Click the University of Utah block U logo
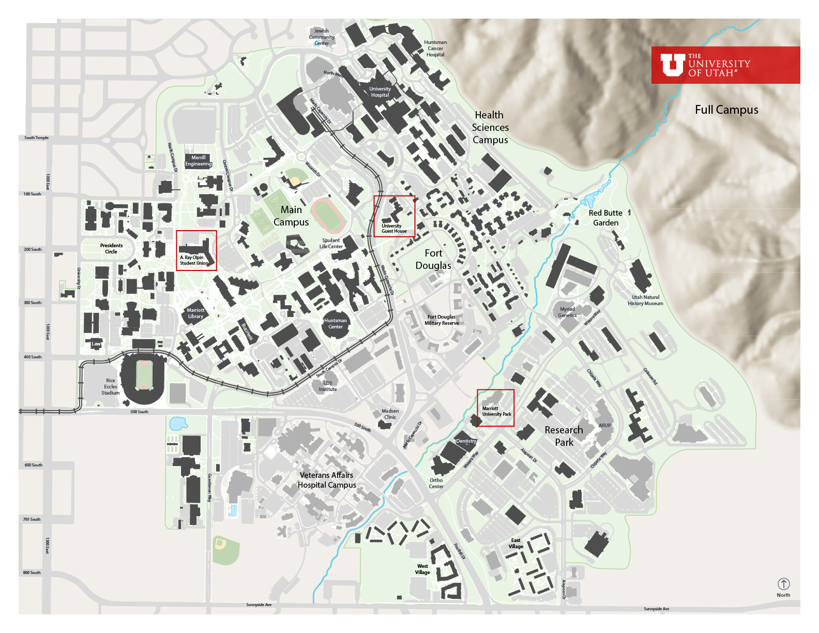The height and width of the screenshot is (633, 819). (x=672, y=65)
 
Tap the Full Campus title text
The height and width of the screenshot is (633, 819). (x=726, y=110)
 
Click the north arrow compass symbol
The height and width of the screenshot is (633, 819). (x=783, y=584)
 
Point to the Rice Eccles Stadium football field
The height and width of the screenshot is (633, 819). (x=144, y=374)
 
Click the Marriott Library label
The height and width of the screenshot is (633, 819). (x=195, y=313)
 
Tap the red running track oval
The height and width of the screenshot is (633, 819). (x=328, y=216)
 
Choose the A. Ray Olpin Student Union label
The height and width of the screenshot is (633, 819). (x=194, y=260)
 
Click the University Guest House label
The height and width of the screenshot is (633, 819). (x=394, y=229)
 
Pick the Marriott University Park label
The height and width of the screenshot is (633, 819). (x=496, y=411)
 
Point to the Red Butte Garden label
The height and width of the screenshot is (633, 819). (x=605, y=218)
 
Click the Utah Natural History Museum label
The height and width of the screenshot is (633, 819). (x=645, y=300)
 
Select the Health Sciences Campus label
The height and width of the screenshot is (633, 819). (x=490, y=127)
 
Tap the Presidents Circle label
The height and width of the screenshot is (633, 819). (x=111, y=249)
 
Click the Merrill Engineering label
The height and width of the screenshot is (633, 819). (x=199, y=161)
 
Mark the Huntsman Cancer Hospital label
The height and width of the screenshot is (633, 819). (x=435, y=49)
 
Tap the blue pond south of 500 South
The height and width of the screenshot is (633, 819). (x=178, y=424)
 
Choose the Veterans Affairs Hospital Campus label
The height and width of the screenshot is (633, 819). (x=327, y=480)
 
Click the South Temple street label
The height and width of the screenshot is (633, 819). (x=36, y=138)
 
